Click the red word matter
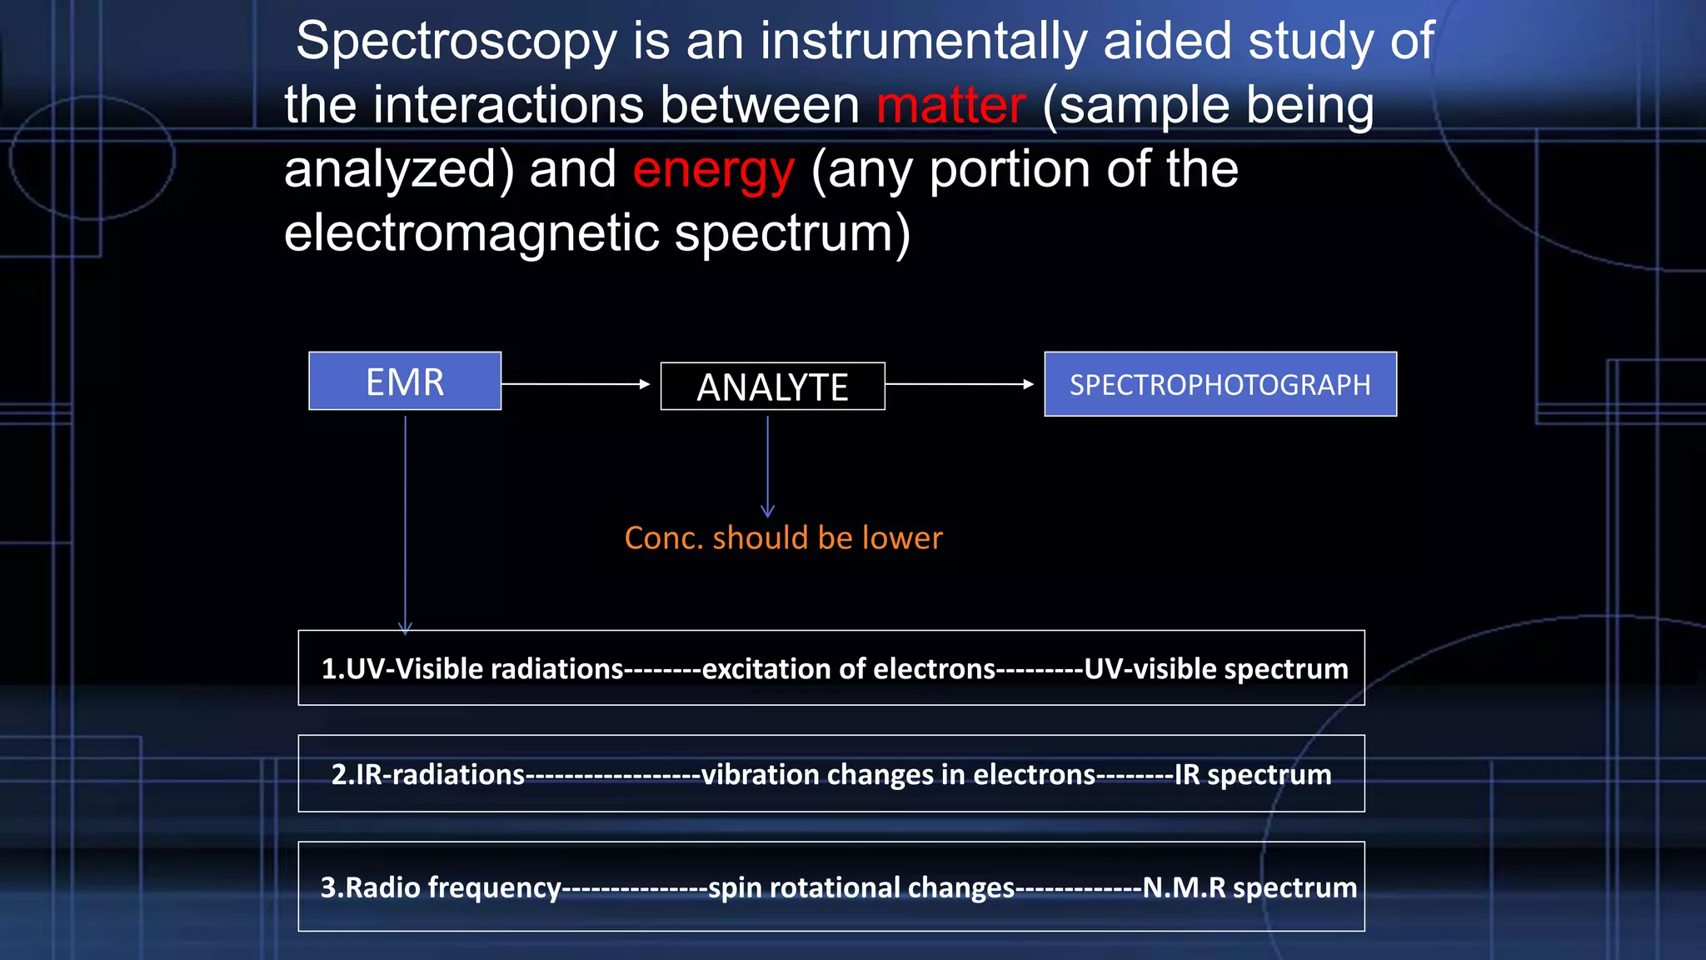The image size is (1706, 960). (950, 106)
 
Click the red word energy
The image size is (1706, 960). (713, 170)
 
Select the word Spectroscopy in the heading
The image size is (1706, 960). (456, 42)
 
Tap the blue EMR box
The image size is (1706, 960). (405, 382)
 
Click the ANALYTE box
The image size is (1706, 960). (772, 387)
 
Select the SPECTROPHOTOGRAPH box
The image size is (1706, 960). (1220, 384)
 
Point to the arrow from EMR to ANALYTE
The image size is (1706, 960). (575, 384)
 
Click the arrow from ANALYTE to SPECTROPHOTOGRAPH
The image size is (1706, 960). (959, 384)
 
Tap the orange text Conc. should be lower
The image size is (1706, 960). (783, 538)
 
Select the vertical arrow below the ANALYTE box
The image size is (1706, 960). (767, 467)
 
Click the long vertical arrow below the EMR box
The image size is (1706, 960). (406, 525)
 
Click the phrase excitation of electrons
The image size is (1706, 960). (848, 669)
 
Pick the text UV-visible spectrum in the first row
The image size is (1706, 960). (1215, 669)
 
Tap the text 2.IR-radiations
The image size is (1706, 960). (428, 775)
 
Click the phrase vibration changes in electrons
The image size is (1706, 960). (898, 775)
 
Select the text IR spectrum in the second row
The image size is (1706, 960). (1252, 775)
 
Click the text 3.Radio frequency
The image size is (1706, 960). (441, 887)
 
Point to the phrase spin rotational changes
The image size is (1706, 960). (861, 887)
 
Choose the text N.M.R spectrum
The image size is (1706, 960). (1249, 887)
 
